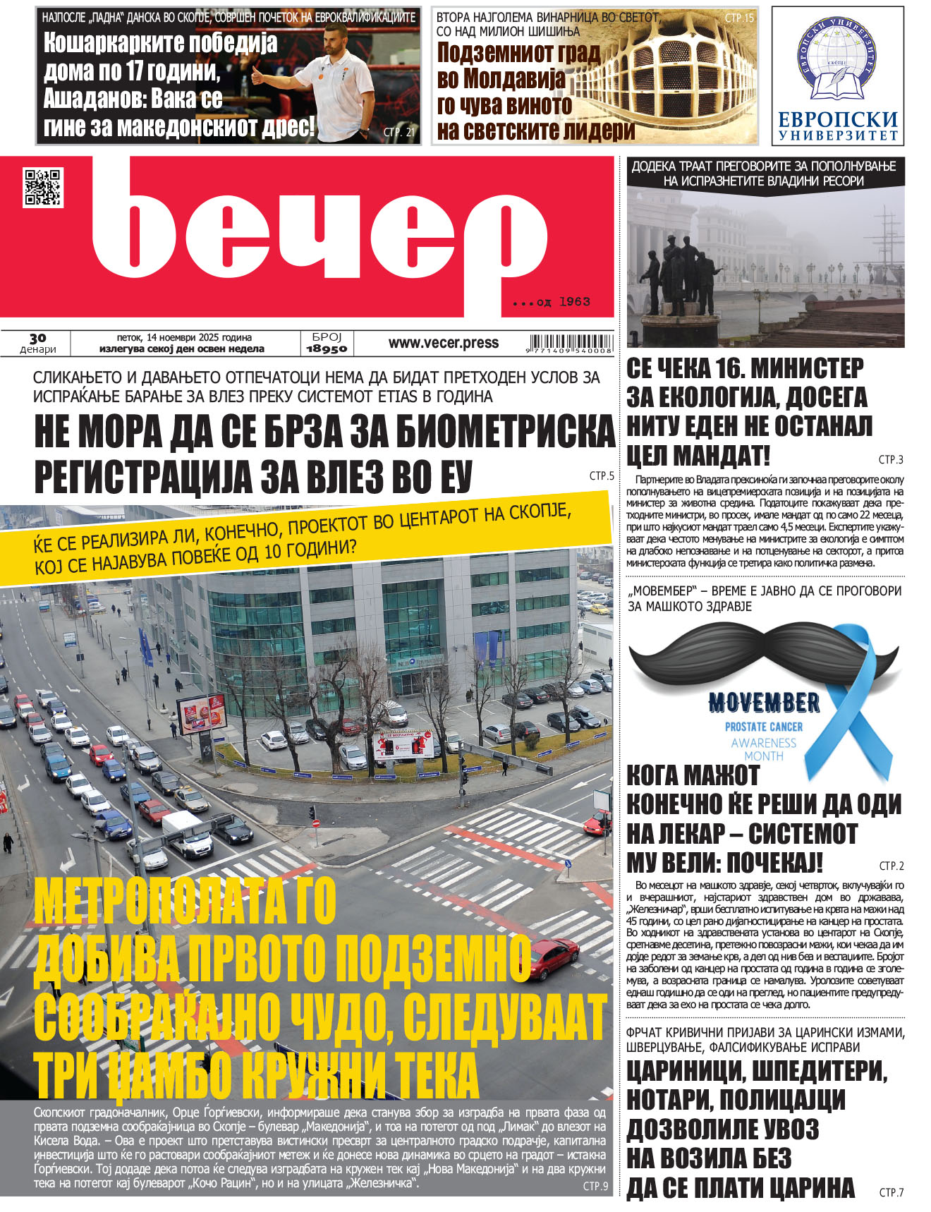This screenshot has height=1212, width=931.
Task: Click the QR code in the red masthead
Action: pyautogui.click(x=43, y=188)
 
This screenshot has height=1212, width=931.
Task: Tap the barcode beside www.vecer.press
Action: pyautogui.click(x=568, y=342)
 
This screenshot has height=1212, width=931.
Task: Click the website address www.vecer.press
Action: pyautogui.click(x=443, y=343)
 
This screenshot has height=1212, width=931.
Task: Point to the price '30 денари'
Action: pyautogui.click(x=37, y=344)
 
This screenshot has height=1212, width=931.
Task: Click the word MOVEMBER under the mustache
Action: pyautogui.click(x=764, y=703)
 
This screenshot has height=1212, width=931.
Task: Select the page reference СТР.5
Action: pyautogui.click(x=602, y=476)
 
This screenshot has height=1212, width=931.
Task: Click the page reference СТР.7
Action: pyautogui.click(x=891, y=1192)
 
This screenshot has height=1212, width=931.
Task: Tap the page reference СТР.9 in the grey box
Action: pyautogui.click(x=595, y=1186)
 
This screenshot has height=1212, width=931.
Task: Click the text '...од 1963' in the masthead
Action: pyautogui.click(x=551, y=302)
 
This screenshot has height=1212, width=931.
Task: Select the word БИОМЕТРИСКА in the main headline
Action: pyautogui.click(x=506, y=432)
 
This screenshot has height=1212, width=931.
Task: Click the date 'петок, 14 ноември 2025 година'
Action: pyautogui.click(x=184, y=337)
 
